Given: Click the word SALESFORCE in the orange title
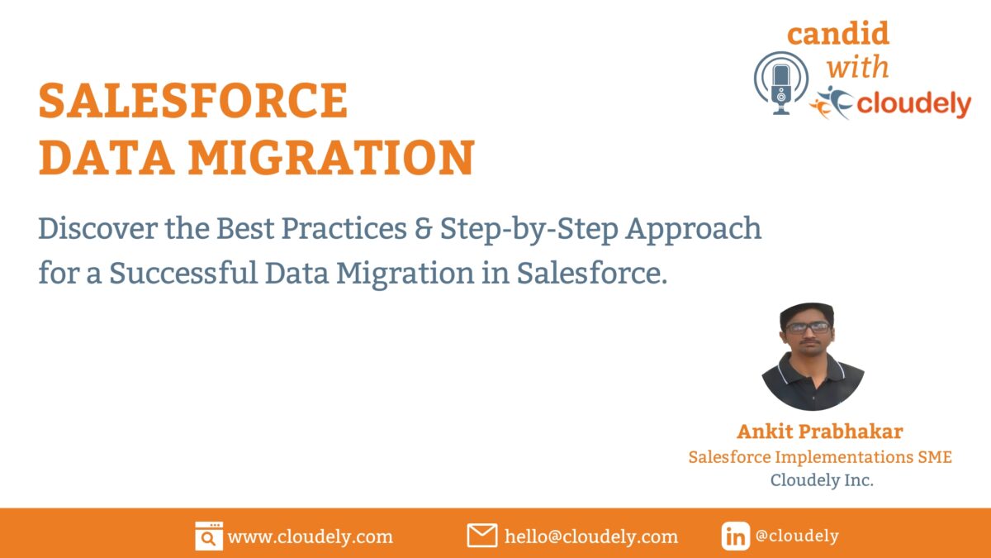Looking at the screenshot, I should (x=193, y=101).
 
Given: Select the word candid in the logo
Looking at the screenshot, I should (x=837, y=34).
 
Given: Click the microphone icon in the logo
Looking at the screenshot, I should (x=780, y=83).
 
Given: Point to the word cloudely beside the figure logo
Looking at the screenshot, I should (x=914, y=104).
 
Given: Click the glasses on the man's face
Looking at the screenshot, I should (x=807, y=327).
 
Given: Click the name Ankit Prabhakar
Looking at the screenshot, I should (x=819, y=432).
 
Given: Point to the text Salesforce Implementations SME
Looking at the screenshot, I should (x=819, y=456).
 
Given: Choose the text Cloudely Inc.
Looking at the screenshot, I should (x=821, y=479).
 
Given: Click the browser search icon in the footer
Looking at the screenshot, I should (x=209, y=536).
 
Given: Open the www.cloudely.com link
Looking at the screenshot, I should (x=310, y=537).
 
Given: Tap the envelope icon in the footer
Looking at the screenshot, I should (x=481, y=536).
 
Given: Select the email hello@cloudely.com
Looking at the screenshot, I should (x=590, y=537).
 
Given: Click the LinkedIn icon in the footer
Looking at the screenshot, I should (x=735, y=536).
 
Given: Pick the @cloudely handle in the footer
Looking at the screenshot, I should (x=796, y=536).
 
